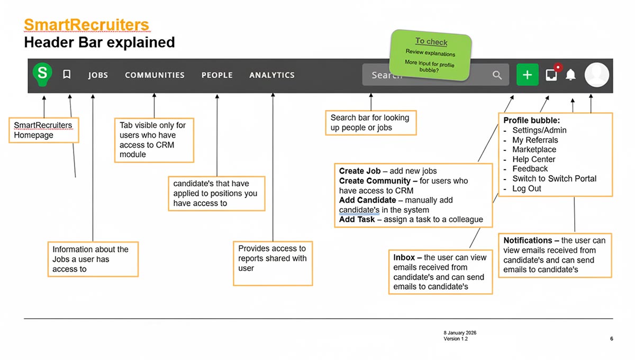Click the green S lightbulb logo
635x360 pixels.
(x=42, y=75)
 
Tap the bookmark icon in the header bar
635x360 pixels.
(x=67, y=75)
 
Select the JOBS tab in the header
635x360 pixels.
(x=98, y=75)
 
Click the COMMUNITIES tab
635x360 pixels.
(x=155, y=75)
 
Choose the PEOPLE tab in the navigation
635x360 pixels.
(x=217, y=75)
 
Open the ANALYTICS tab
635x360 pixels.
(x=272, y=75)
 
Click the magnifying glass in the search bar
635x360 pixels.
(x=497, y=75)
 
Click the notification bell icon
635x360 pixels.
(x=570, y=75)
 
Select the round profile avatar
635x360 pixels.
(x=597, y=75)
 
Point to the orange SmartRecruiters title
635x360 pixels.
(x=86, y=25)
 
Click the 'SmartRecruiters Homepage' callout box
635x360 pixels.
(x=44, y=130)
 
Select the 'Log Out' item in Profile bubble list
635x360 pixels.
(x=527, y=188)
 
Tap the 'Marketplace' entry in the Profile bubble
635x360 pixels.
(x=534, y=150)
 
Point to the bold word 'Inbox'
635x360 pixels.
(x=404, y=258)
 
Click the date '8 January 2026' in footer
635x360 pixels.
(x=460, y=333)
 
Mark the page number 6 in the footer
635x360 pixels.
(x=611, y=339)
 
